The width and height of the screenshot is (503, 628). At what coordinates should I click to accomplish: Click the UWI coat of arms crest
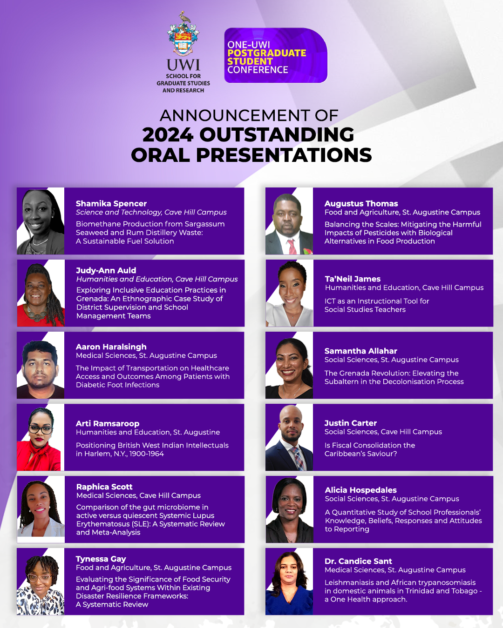pyautogui.click(x=183, y=34)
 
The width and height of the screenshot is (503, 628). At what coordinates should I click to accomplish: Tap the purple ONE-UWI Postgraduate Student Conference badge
pyautogui.click(x=276, y=56)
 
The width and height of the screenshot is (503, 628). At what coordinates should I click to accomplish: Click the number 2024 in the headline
pyautogui.click(x=167, y=135)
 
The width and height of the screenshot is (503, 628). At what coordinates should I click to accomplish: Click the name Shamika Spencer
pyautogui.click(x=111, y=203)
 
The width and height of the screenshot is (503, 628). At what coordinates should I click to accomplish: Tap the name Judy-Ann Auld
pyautogui.click(x=106, y=270)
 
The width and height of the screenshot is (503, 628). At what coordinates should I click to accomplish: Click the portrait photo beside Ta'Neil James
pyautogui.click(x=289, y=293)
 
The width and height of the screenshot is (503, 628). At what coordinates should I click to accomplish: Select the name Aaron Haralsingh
pyautogui.click(x=111, y=347)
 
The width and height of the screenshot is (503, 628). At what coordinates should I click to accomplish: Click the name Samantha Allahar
pyautogui.click(x=361, y=351)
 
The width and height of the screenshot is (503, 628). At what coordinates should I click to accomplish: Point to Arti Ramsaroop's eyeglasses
pyautogui.click(x=41, y=428)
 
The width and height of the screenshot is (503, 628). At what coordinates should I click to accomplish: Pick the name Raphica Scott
pyautogui.click(x=104, y=487)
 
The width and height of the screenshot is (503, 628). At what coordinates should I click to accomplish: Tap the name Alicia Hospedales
pyautogui.click(x=361, y=490)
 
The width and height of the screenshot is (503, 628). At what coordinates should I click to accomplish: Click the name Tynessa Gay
pyautogui.click(x=101, y=559)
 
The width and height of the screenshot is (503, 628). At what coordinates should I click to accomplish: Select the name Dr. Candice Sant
pyautogui.click(x=358, y=561)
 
